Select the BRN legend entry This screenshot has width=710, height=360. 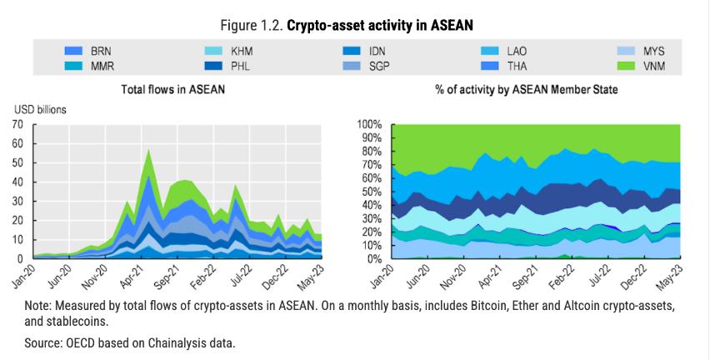click(101, 52)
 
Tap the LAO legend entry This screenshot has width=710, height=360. click(517, 52)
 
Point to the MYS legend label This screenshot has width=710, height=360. click(656, 52)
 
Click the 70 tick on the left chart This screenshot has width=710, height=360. click(17, 124)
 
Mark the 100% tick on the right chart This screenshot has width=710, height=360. click(369, 124)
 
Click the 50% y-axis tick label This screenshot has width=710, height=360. click(372, 192)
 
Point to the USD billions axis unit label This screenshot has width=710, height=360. click(39, 109)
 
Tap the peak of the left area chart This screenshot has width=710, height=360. click(148, 150)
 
